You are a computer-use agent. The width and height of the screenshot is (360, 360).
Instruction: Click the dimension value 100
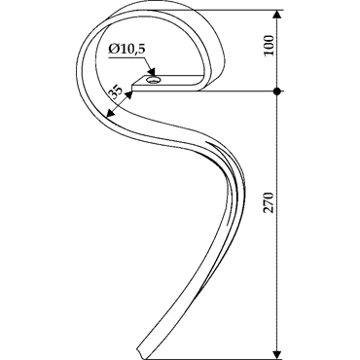(269, 46)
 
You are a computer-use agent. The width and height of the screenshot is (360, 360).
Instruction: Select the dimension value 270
(269, 202)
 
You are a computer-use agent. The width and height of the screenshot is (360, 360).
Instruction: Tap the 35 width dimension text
(115, 91)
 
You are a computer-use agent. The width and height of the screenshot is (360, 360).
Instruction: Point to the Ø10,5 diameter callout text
(127, 50)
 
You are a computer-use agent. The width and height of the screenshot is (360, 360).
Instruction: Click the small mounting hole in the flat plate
(152, 80)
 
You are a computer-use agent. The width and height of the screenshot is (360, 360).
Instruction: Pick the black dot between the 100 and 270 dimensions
(276, 91)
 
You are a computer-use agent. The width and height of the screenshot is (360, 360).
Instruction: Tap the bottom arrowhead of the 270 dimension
(276, 354)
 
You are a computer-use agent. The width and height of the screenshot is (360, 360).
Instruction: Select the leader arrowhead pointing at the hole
(151, 71)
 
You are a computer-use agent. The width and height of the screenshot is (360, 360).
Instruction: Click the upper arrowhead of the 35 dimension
(128, 95)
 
